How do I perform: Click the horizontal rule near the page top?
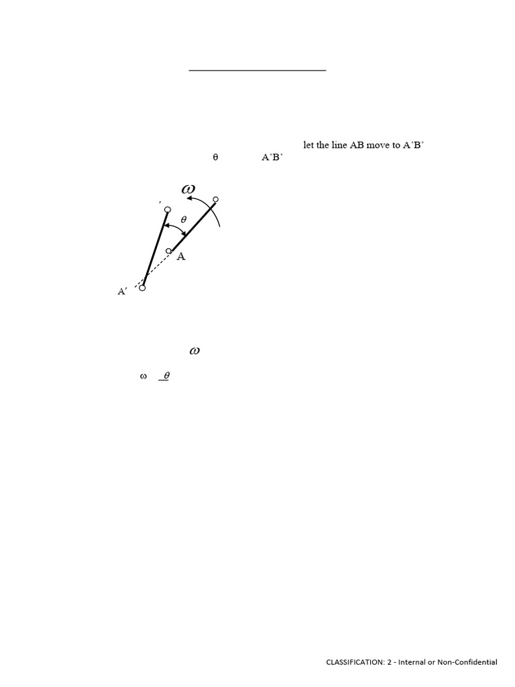(x=257, y=69)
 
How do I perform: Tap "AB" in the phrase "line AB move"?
(x=357, y=145)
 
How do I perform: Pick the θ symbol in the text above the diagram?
(x=215, y=158)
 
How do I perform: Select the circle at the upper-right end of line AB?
(x=216, y=199)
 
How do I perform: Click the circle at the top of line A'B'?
(x=168, y=210)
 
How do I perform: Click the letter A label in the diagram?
(x=181, y=257)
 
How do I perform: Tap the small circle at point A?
(x=168, y=251)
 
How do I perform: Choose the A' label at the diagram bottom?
(x=123, y=291)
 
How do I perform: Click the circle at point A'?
(x=142, y=288)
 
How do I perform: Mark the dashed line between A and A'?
(x=156, y=269)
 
